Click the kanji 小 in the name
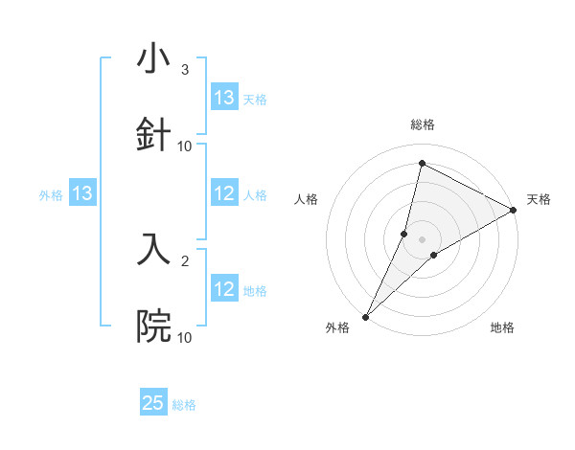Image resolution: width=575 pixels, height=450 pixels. click(153, 58)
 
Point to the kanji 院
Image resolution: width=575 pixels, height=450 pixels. click(153, 326)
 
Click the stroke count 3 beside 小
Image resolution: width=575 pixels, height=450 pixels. click(185, 69)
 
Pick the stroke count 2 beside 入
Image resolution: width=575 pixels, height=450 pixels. click(185, 259)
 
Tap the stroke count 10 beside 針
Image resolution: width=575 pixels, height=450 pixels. click(185, 146)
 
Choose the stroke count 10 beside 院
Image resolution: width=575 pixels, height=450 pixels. click(185, 337)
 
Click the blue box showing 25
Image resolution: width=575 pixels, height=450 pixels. click(153, 403)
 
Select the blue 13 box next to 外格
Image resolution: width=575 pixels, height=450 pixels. click(82, 194)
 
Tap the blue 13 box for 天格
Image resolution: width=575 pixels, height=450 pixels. click(224, 98)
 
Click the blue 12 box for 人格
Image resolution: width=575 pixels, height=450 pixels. click(224, 194)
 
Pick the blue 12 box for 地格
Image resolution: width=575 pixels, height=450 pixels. click(224, 290)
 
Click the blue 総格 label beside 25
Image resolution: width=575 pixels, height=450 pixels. click(184, 405)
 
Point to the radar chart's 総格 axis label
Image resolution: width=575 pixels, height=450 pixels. click(423, 124)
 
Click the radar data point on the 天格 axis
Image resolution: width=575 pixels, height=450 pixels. click(514, 211)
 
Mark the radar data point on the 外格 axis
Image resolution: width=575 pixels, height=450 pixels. click(365, 316)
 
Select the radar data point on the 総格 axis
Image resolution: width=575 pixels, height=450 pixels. click(422, 163)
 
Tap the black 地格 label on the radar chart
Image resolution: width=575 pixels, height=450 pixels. click(502, 327)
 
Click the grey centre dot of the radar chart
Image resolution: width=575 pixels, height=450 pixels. click(423, 238)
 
